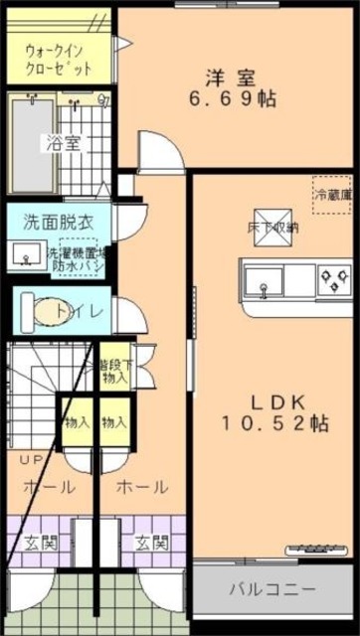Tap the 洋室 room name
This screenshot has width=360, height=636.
pyautogui.click(x=233, y=76)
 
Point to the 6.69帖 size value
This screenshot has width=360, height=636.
pyautogui.click(x=233, y=99)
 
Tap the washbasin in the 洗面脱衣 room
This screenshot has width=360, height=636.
pyautogui.click(x=27, y=255)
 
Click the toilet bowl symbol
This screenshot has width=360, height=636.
pyautogui.click(x=43, y=312)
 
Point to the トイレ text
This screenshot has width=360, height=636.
pyautogui.click(x=76, y=312)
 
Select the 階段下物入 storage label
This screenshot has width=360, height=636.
pyautogui.click(x=112, y=372)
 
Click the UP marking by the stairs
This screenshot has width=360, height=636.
pyautogui.click(x=31, y=460)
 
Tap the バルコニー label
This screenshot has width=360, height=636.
pyautogui.click(x=273, y=588)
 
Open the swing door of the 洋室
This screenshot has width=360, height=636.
pyautogui.click(x=159, y=154)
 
